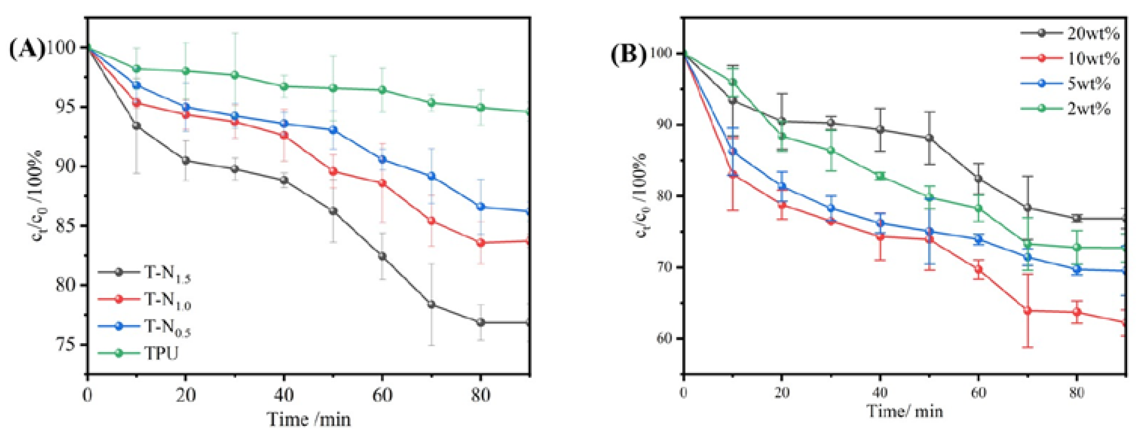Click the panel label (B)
tap(628, 55)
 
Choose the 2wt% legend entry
tap(1089, 108)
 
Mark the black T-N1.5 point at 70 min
tap(431, 304)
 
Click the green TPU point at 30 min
tap(235, 75)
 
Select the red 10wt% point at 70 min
tap(1027, 311)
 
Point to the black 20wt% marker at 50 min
tap(929, 138)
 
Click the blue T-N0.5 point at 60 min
tap(382, 159)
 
